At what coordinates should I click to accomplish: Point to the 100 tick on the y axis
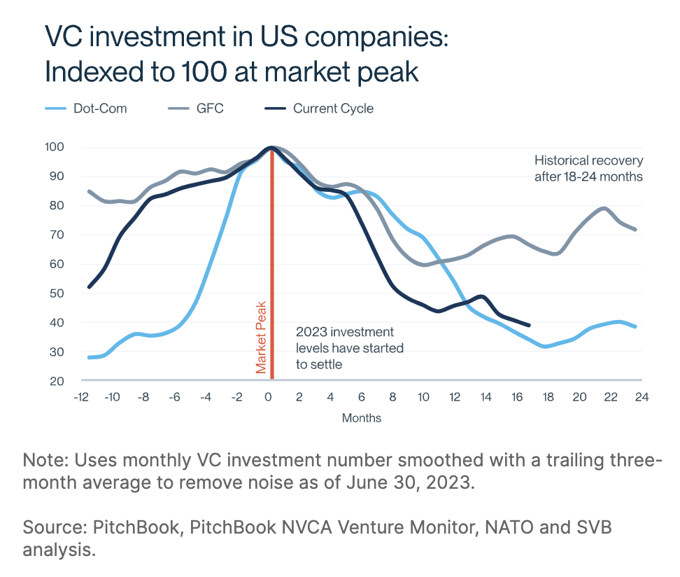coord(56,147)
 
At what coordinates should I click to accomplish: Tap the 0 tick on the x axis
coord(267,398)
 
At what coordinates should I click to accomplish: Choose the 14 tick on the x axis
coord(486,398)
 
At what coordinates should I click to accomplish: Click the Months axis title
coord(362,418)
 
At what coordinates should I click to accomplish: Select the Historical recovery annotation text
coord(588,168)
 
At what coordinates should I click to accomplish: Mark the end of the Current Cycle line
coord(529,326)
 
